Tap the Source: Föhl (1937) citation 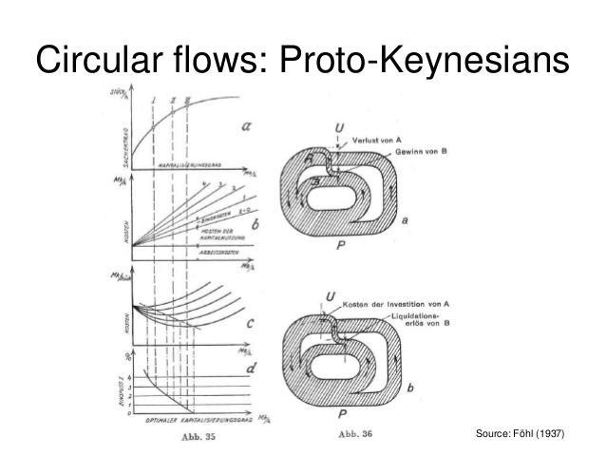tap(521, 434)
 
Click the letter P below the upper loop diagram tap(338, 243)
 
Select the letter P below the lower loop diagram tap(338, 414)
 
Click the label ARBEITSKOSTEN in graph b tap(218, 252)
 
